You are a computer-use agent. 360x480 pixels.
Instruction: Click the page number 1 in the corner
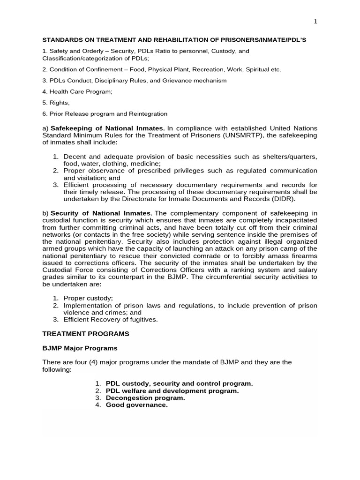(x=315, y=22)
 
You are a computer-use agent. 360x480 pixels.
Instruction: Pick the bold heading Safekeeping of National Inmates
(x=107, y=128)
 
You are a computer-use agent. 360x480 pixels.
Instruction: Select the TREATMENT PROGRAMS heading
(x=86, y=334)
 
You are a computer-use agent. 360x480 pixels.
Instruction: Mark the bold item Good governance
(x=136, y=405)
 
